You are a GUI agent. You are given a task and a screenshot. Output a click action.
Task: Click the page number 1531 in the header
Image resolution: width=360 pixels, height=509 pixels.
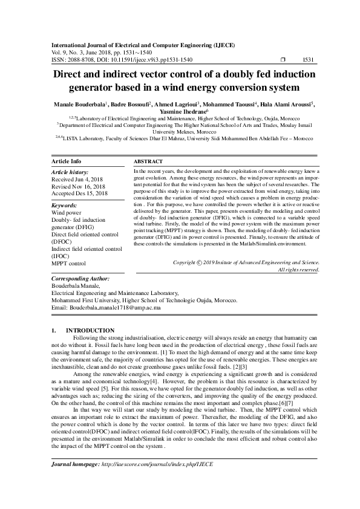[x=307, y=60]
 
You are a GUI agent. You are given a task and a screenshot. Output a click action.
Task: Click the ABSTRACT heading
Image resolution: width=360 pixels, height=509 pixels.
[x=148, y=162]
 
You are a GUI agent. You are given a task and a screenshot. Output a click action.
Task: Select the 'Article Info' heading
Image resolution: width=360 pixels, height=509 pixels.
[x=67, y=162]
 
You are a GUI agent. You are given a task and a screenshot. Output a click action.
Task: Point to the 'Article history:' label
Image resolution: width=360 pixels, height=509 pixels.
[x=70, y=172]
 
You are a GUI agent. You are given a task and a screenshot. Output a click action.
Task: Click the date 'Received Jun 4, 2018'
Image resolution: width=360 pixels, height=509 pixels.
[x=77, y=180]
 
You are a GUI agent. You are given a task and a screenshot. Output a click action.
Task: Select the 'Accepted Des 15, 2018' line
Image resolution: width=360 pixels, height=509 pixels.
[x=80, y=193]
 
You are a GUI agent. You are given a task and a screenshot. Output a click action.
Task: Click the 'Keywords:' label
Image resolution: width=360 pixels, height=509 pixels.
[x=65, y=206]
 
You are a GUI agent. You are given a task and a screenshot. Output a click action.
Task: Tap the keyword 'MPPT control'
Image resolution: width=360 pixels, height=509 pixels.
[x=69, y=264]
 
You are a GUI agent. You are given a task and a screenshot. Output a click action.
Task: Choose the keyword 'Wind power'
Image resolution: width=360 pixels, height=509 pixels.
[x=67, y=213]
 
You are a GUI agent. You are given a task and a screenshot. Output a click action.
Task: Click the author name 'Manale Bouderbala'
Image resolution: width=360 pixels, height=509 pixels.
[x=78, y=103]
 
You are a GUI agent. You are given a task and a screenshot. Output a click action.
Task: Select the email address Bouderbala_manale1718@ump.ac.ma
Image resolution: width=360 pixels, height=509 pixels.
[x=114, y=308]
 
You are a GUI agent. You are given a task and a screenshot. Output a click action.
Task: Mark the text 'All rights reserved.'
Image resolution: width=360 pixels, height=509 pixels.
[x=298, y=270]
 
